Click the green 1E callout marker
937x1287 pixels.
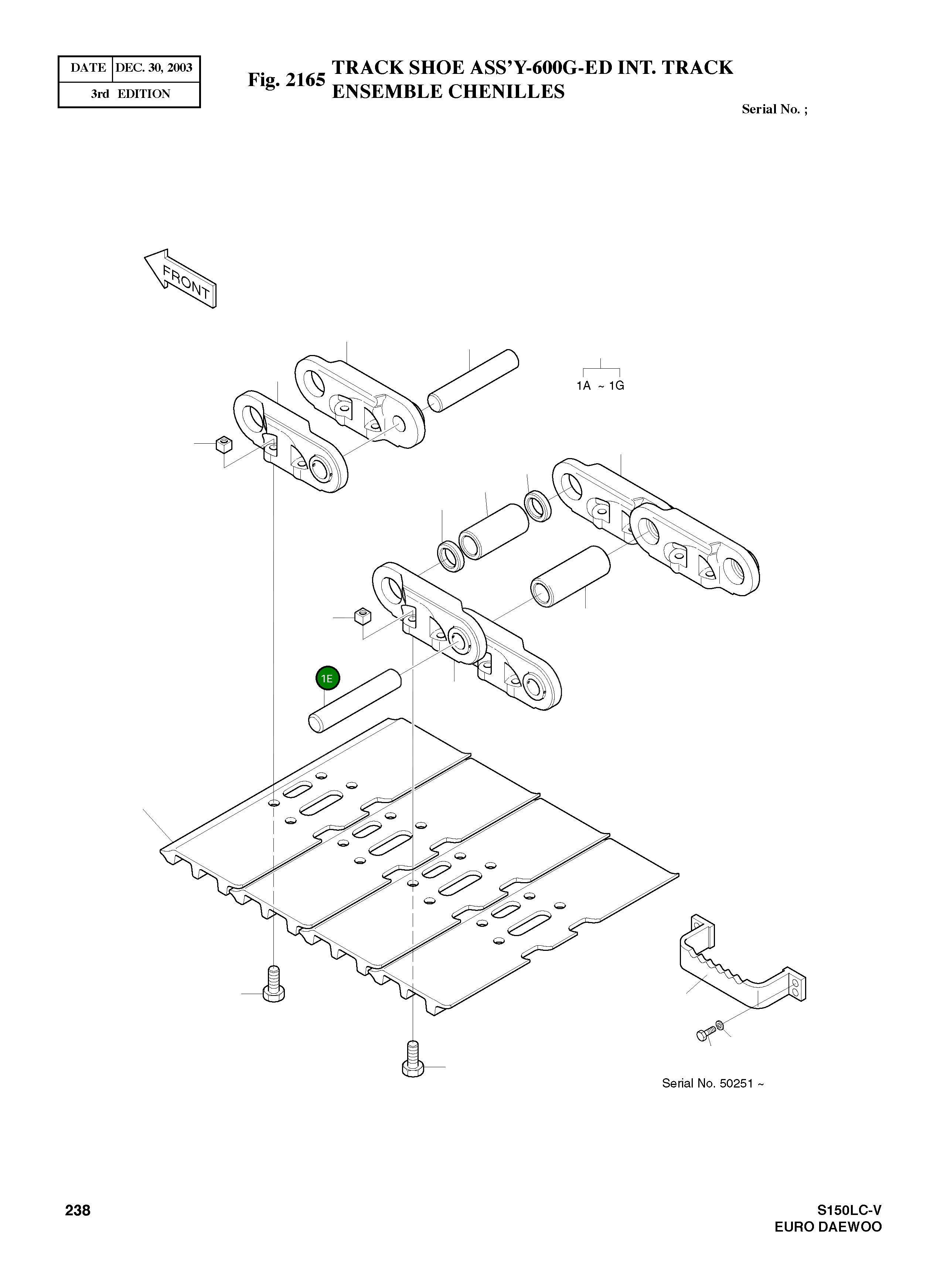coord(327,678)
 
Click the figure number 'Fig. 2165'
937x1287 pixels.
coord(287,80)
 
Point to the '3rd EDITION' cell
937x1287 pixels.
coord(130,94)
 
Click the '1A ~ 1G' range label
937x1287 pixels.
coord(600,386)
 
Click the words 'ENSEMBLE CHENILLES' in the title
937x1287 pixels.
coord(448,92)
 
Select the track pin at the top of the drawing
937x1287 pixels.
coord(473,380)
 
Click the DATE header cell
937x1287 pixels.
coord(88,68)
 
